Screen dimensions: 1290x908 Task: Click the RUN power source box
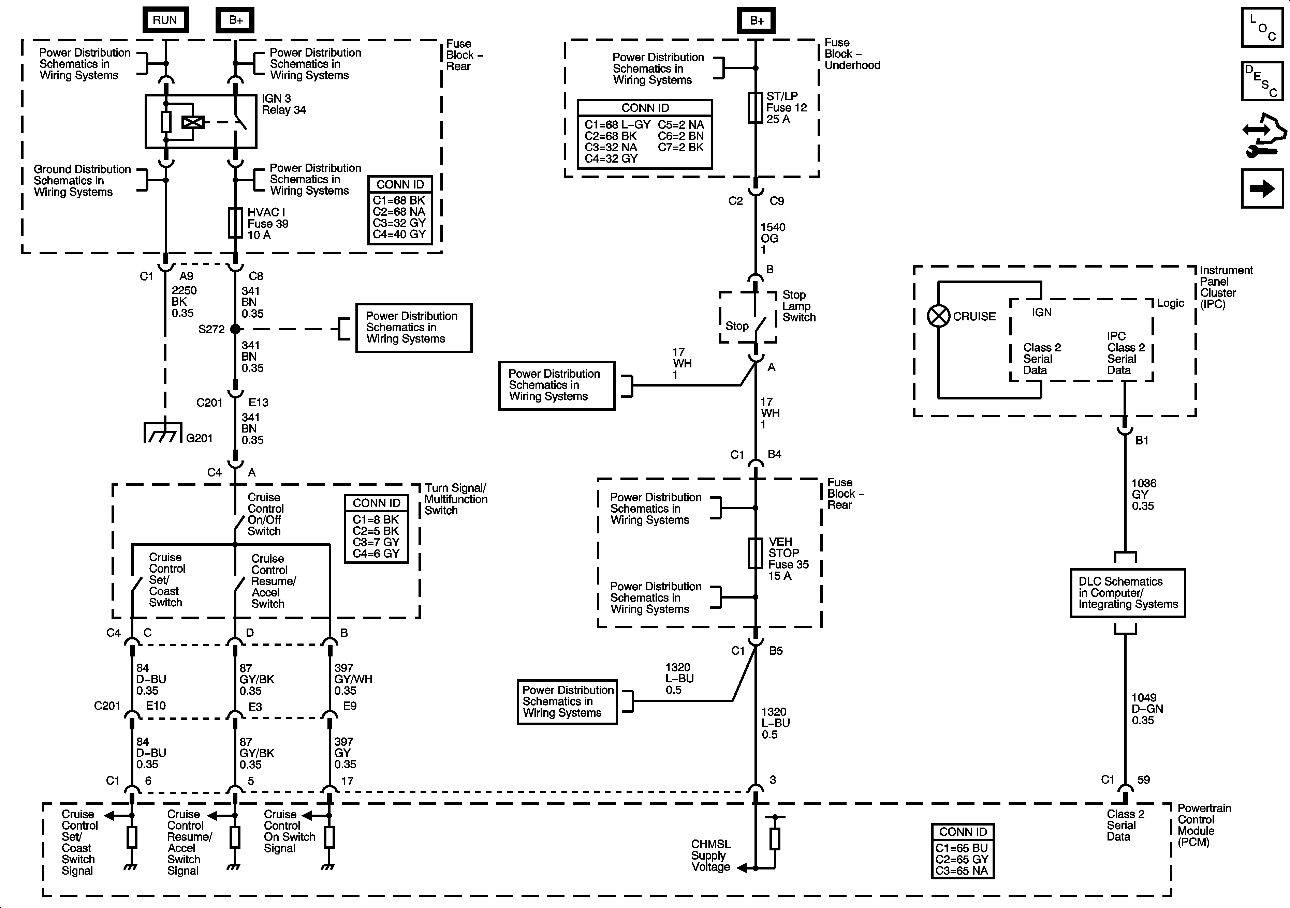click(165, 20)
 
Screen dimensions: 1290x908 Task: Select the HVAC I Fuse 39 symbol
click(235, 223)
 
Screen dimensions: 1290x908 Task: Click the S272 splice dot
click(235, 329)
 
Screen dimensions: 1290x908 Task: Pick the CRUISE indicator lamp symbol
click(938, 316)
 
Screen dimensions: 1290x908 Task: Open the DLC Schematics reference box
click(1128, 593)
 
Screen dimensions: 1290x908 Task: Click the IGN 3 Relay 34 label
click(284, 104)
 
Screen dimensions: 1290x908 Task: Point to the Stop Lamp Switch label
click(799, 306)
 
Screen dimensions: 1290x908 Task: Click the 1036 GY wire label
click(1143, 494)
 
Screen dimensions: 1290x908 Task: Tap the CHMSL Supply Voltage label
click(711, 855)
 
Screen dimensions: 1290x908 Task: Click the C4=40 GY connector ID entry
click(399, 234)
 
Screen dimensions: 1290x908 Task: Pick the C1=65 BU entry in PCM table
click(961, 848)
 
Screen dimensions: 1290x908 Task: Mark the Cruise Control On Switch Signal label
click(289, 831)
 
